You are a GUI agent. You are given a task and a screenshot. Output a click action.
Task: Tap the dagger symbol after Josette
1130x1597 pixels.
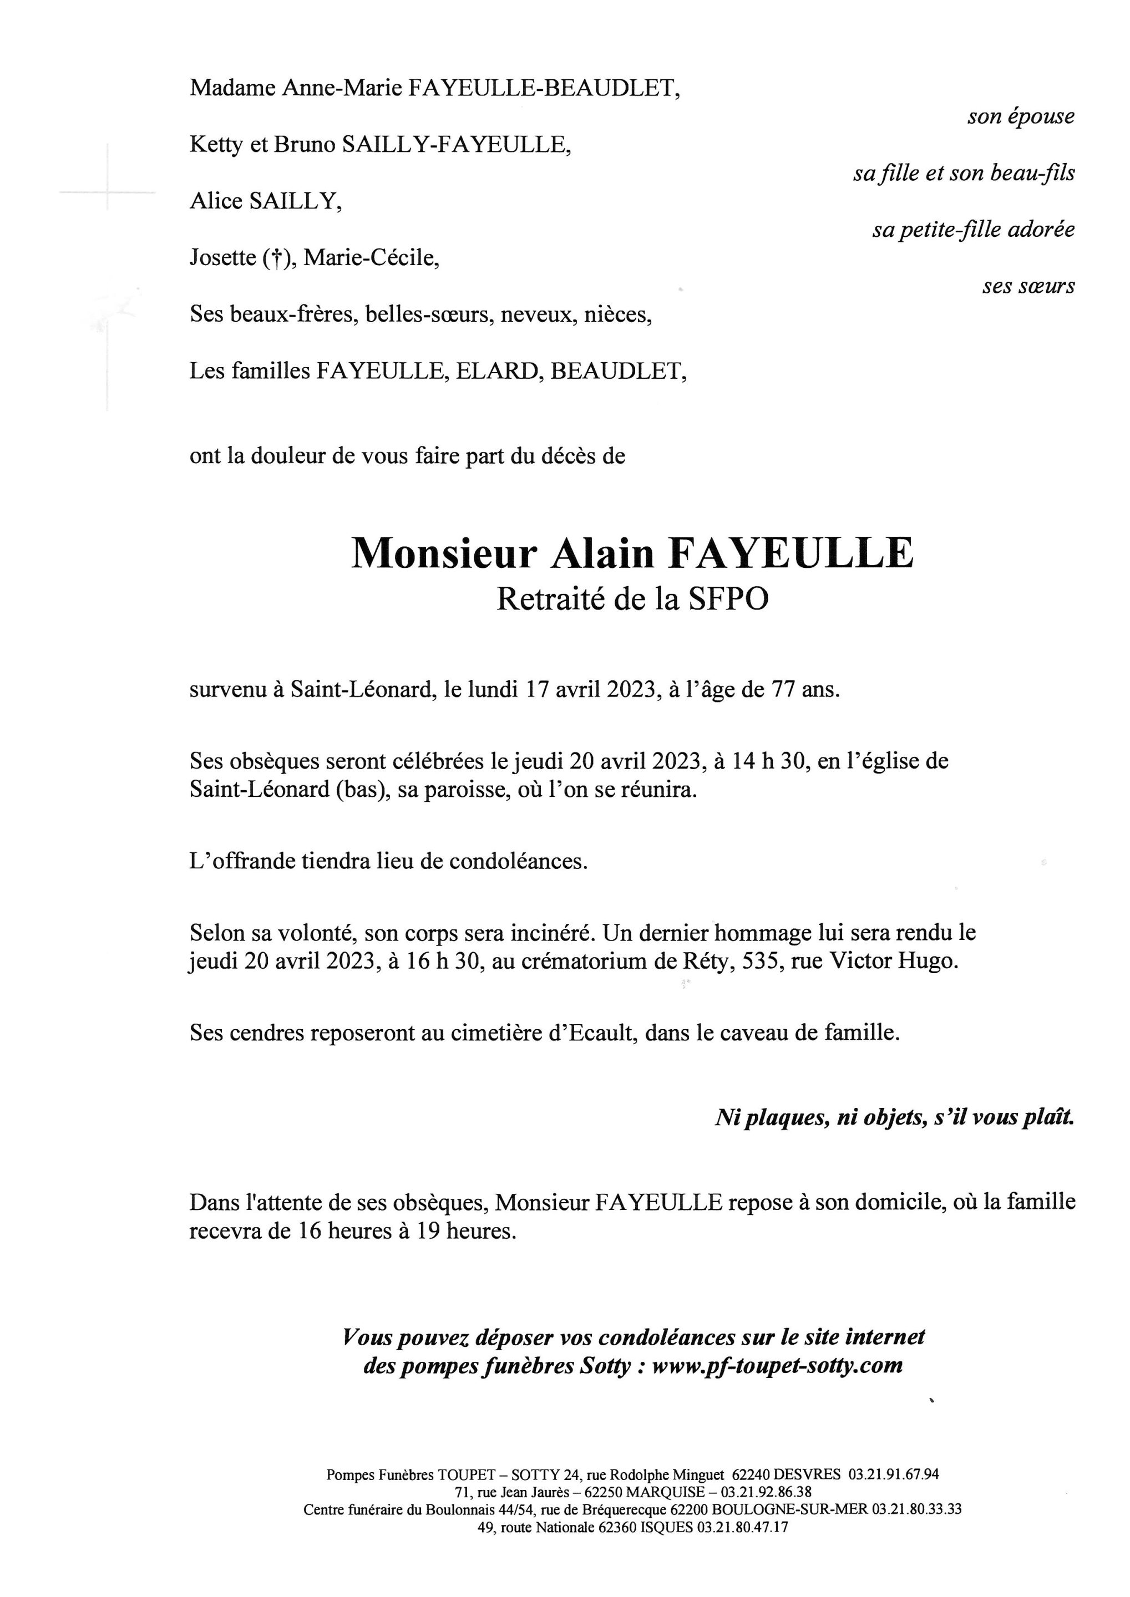[x=276, y=260]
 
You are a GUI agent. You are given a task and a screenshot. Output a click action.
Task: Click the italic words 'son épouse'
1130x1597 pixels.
[x=1020, y=117]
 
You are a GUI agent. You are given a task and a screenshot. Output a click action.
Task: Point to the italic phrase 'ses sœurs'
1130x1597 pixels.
[x=1028, y=287]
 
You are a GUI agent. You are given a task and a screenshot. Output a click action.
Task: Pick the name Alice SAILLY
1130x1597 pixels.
[x=265, y=202]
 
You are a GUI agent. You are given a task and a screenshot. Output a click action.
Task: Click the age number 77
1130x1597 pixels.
[x=782, y=691]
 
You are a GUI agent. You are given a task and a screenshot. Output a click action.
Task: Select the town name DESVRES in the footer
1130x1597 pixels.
[x=807, y=1474]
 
